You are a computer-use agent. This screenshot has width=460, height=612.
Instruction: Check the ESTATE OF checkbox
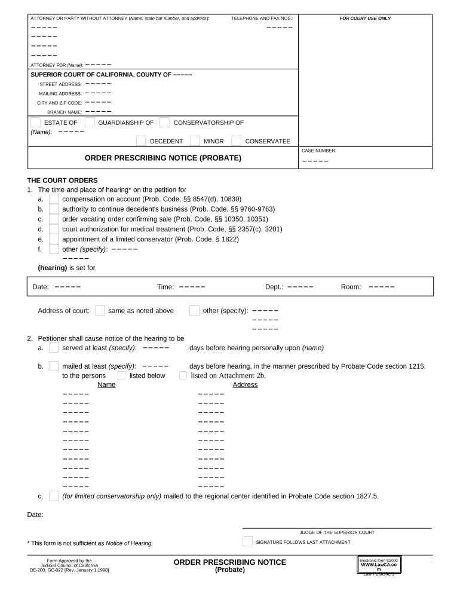pos(36,123)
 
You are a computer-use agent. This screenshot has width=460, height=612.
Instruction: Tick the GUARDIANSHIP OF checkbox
pos(90,123)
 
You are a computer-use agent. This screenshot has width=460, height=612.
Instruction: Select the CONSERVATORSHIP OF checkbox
pos(164,123)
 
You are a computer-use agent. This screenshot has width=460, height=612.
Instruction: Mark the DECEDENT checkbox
pos(141,141)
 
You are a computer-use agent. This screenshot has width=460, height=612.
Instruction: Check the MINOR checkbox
pos(195,141)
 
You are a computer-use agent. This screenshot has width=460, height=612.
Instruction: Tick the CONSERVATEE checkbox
pos(237,141)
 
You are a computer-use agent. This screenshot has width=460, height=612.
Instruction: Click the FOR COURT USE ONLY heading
pos(365,19)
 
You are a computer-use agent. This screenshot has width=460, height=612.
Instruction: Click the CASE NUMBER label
pos(319,151)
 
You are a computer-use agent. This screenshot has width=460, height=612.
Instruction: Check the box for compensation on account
pos(54,199)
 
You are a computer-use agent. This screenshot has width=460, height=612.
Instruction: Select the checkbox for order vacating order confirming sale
pos(54,219)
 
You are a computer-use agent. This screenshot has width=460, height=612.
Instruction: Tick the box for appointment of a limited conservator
pos(54,239)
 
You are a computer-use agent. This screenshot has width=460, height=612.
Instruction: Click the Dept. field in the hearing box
pos(300,287)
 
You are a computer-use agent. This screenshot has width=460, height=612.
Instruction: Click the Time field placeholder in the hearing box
pos(192,287)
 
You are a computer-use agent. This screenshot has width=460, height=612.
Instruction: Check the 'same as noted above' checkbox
pos(100,310)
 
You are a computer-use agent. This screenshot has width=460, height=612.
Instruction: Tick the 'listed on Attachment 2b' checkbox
pos(183,375)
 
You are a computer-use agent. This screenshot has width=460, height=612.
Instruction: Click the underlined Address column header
pos(245,385)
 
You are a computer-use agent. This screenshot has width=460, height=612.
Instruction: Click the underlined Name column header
pos(106,385)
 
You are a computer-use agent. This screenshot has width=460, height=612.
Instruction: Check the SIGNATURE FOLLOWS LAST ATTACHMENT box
pos(247,541)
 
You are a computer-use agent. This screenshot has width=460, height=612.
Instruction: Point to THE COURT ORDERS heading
pos(62,180)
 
